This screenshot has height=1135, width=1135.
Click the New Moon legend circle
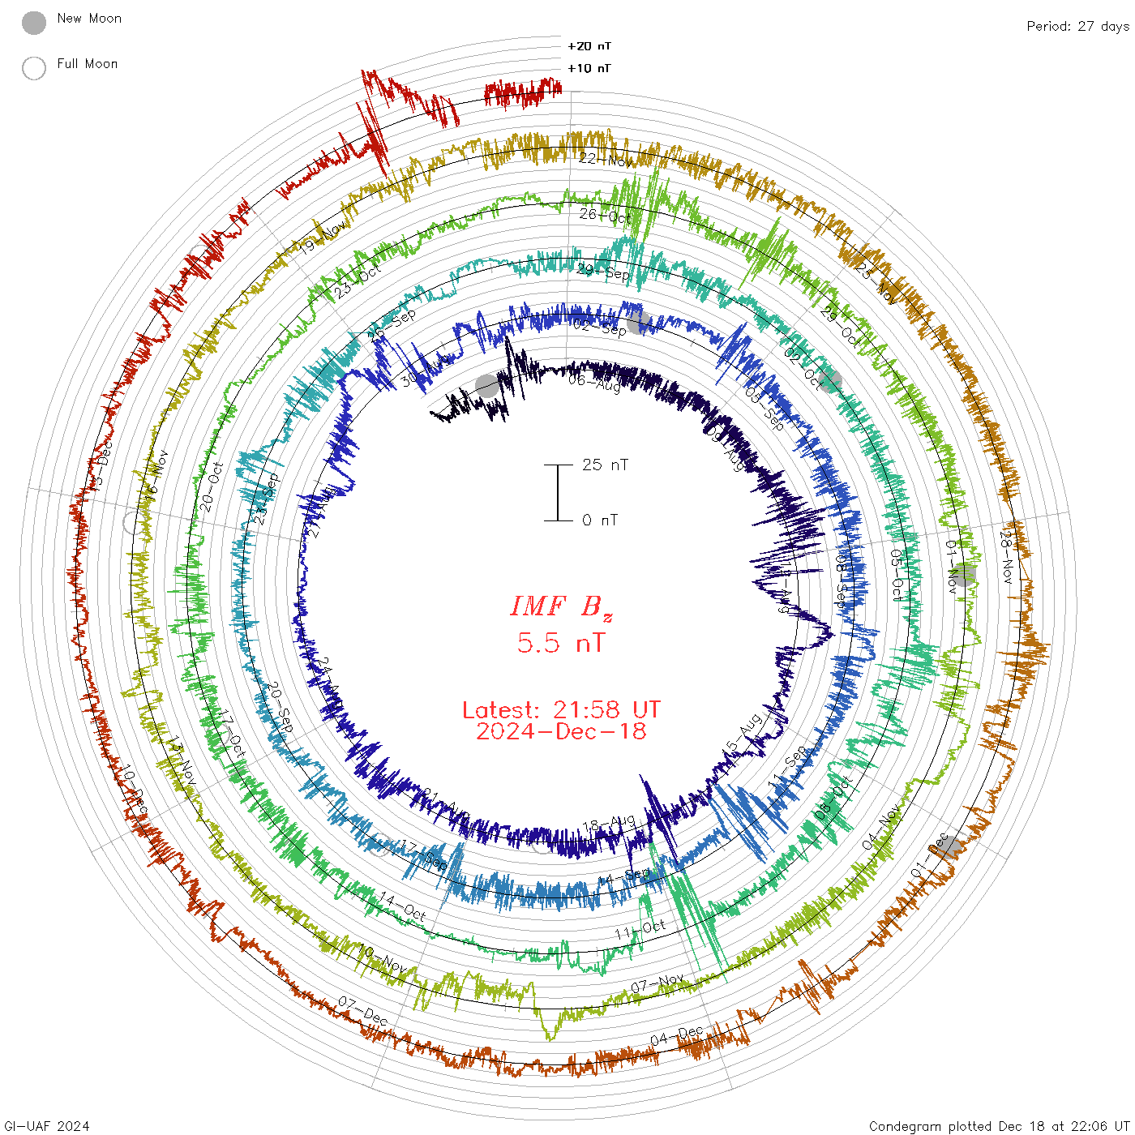(x=34, y=24)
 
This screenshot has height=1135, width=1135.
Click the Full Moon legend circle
(x=34, y=68)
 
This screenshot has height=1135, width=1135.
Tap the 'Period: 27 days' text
(x=1077, y=27)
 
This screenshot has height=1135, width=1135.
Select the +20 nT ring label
(x=589, y=47)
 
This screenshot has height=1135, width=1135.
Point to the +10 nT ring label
(x=589, y=69)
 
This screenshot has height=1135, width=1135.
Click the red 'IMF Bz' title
(x=561, y=606)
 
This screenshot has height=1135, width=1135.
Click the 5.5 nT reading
(x=561, y=644)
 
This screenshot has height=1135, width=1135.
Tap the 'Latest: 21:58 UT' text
(x=561, y=710)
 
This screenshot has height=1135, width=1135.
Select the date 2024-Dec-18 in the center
(x=561, y=732)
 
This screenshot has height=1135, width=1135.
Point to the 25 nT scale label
(x=605, y=465)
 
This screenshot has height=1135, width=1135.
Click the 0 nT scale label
(x=600, y=520)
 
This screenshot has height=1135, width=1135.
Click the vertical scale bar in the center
(x=558, y=493)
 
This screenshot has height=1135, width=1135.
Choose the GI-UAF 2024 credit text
(x=46, y=1126)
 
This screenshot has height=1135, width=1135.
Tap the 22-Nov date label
(x=606, y=160)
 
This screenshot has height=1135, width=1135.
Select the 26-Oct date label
(x=605, y=216)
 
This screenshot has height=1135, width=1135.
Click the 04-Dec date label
(x=676, y=1035)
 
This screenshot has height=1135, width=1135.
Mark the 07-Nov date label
(x=657, y=983)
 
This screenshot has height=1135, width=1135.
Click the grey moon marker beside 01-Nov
(x=963, y=575)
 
